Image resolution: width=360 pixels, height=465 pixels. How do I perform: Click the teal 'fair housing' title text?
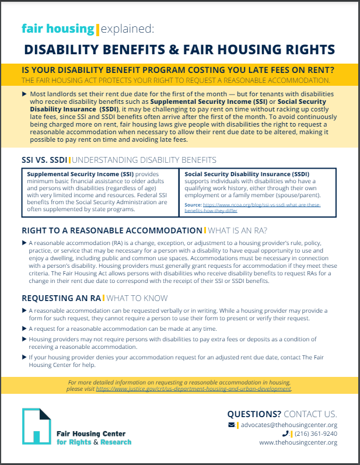[x=57, y=29]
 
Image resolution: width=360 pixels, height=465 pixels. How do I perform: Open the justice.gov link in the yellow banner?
[x=193, y=388]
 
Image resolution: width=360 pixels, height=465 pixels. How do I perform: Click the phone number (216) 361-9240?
[x=313, y=433]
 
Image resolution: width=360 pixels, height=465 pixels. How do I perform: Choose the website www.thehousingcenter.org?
[x=298, y=443]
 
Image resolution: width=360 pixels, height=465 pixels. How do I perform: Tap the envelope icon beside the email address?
[x=232, y=424]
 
